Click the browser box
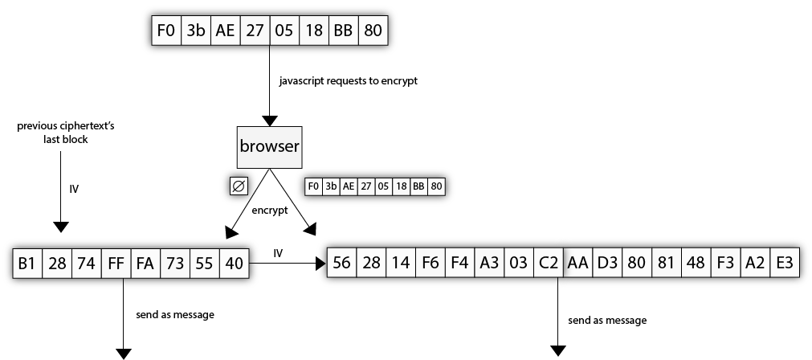pyautogui.click(x=269, y=147)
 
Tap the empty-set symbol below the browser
pyautogui.click(x=239, y=186)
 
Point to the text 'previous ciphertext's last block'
pyautogui.click(x=60, y=133)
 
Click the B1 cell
pyautogui.click(x=28, y=263)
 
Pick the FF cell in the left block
pyautogui.click(x=116, y=263)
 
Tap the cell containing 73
pyautogui.click(x=174, y=263)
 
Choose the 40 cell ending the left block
pyautogui.click(x=233, y=263)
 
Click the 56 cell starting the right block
pyautogui.click(x=341, y=263)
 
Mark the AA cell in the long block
pyautogui.click(x=578, y=263)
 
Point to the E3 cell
pyautogui.click(x=784, y=263)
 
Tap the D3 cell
pyautogui.click(x=607, y=263)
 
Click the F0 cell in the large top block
pyautogui.click(x=165, y=31)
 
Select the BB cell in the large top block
pyautogui.click(x=344, y=31)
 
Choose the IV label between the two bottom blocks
pyautogui.click(x=278, y=253)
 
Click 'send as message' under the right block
pyautogui.click(x=606, y=321)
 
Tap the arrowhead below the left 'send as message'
pyautogui.click(x=124, y=353)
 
